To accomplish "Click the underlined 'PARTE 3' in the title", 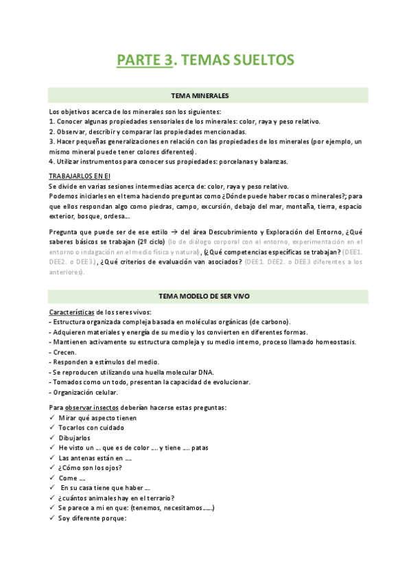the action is click(144, 60).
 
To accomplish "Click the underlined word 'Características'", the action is click(71, 292).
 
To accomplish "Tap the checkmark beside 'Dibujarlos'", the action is click(52, 438).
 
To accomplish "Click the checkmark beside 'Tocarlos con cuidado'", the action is click(52, 428).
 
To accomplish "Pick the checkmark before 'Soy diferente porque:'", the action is click(52, 517).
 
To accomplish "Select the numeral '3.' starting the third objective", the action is click(52, 141).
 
